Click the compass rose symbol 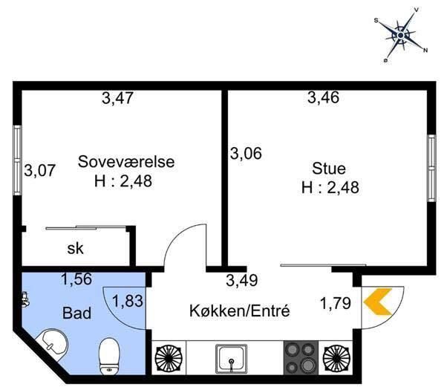point(401,33)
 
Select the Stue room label point(330,168)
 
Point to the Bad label point(76,313)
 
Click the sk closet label point(74,248)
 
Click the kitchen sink point(233,358)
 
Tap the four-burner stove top point(299,357)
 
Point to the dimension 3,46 point(324,97)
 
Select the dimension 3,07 point(40,170)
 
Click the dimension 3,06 point(246,154)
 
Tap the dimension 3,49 point(241,280)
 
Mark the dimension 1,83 point(127,302)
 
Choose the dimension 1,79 point(335,302)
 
